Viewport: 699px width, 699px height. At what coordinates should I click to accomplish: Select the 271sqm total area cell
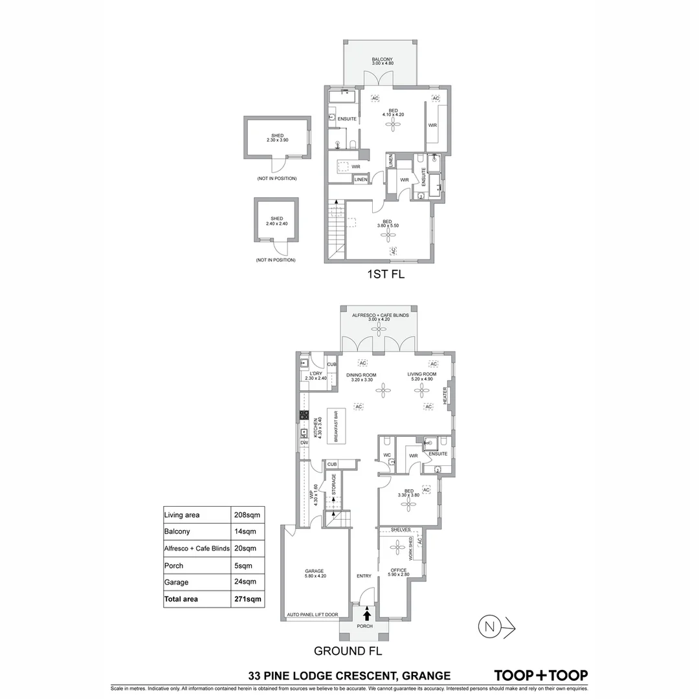coord(247,599)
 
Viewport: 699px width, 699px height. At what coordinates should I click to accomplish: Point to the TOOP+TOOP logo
coord(541,676)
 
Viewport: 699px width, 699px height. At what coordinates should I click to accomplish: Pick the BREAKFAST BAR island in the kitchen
coord(336,428)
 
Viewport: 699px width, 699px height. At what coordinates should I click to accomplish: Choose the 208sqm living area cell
coord(246,515)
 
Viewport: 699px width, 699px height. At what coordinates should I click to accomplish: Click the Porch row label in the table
coord(174,566)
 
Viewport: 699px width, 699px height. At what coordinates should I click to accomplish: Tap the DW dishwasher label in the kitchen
coord(304,443)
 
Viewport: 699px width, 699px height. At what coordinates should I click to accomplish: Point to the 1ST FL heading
coord(385,274)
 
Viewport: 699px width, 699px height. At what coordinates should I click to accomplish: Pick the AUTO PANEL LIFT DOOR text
coord(313,616)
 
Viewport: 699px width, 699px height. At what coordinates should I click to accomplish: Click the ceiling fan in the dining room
coord(384,390)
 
